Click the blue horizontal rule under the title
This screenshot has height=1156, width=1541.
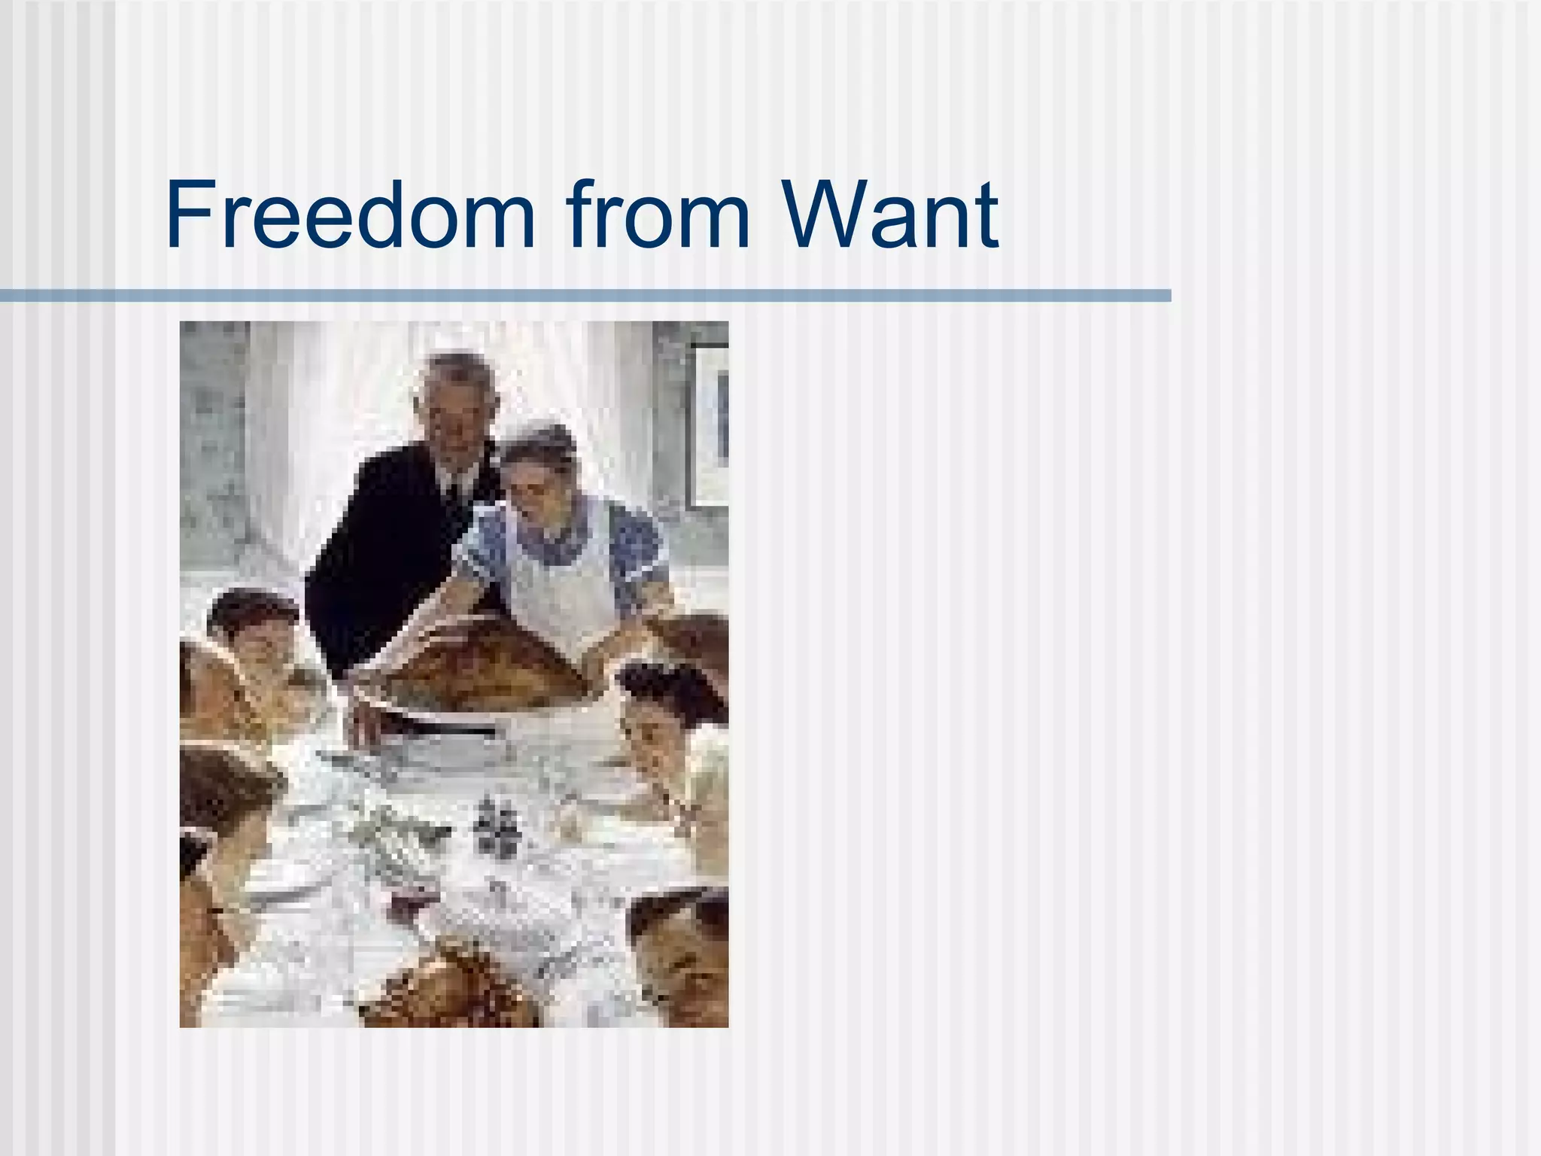click(x=585, y=296)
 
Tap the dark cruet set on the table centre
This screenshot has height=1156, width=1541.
click(x=493, y=824)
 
